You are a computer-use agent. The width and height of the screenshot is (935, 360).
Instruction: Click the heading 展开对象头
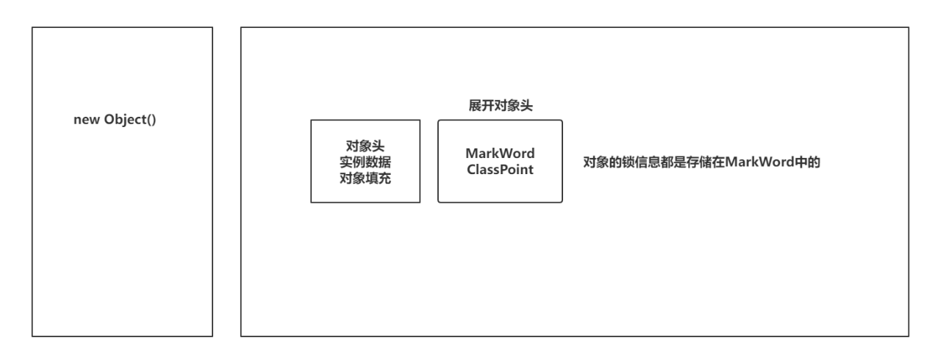click(x=501, y=106)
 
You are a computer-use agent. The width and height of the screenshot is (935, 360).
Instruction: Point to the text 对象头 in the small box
click(x=365, y=145)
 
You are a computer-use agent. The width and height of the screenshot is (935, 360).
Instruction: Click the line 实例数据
click(x=365, y=161)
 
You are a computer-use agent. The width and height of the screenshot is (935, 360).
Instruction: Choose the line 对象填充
click(x=365, y=176)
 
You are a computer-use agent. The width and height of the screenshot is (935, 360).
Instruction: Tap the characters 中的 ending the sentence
click(x=808, y=162)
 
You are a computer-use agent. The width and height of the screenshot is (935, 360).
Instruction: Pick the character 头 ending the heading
click(x=527, y=106)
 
